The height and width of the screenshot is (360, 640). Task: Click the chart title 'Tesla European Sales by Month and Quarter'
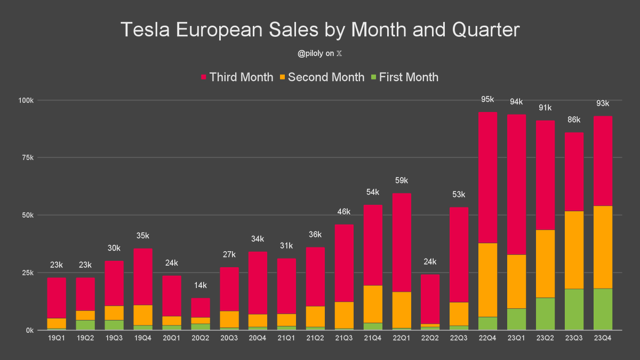pyautogui.click(x=319, y=30)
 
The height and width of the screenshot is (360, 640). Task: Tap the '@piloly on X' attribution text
pyautogui.click(x=319, y=54)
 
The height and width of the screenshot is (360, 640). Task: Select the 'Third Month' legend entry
pyautogui.click(x=236, y=77)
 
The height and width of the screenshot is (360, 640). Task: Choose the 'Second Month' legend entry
pyautogui.click(x=321, y=77)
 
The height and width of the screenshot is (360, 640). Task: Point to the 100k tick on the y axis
pyautogui.click(x=26, y=100)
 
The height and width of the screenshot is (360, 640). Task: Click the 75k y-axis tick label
pyautogui.click(x=28, y=158)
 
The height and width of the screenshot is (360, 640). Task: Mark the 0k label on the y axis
pyautogui.click(x=30, y=331)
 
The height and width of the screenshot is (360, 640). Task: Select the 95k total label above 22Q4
pyautogui.click(x=487, y=100)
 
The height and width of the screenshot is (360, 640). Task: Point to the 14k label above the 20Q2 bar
pyautogui.click(x=201, y=285)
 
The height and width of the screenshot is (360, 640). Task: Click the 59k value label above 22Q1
pyautogui.click(x=401, y=180)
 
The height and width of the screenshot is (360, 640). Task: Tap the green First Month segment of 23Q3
pyautogui.click(x=573, y=309)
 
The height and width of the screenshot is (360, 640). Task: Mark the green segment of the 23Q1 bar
pyautogui.click(x=516, y=319)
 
